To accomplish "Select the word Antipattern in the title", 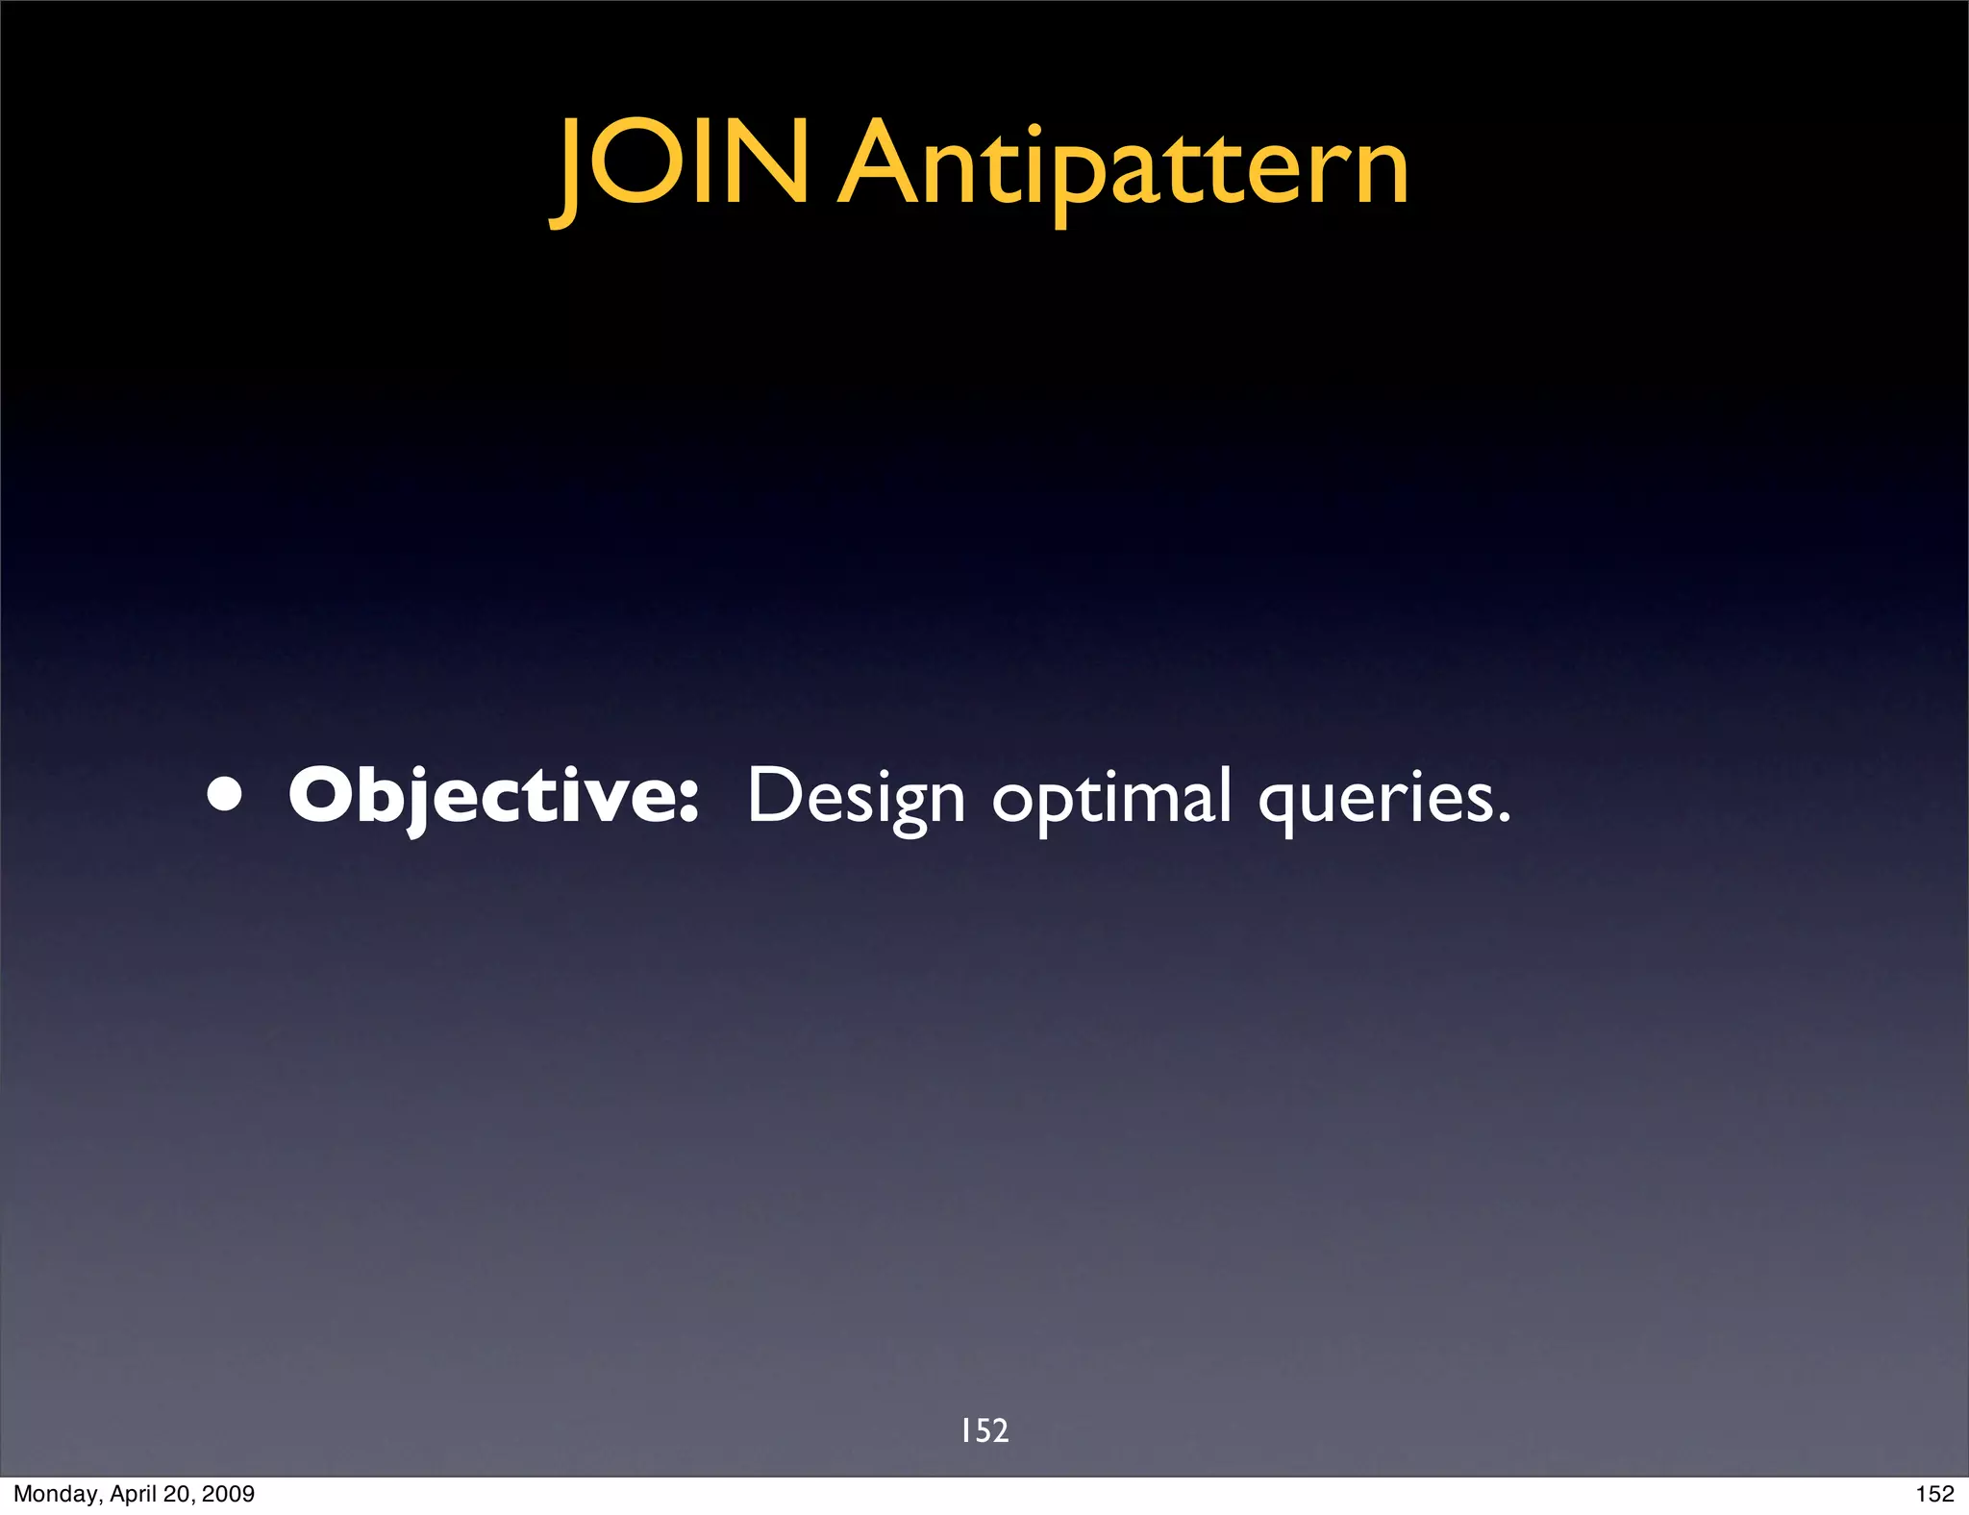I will point(1123,168).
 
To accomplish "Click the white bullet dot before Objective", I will point(224,797).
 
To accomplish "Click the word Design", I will point(856,797).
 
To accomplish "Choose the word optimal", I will point(1111,797).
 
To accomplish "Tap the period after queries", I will point(1504,819).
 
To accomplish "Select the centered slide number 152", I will point(984,1430).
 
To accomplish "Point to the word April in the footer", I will point(127,1494).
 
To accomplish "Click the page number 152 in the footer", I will point(1934,1494).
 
